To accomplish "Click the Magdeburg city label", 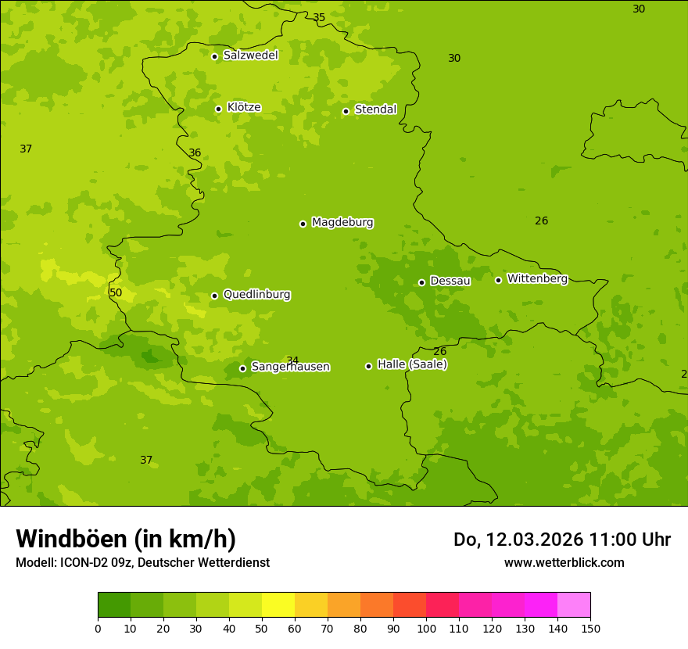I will click(342, 223).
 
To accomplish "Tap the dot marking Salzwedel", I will click(214, 56).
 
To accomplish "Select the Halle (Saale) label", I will click(412, 364).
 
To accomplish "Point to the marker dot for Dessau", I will click(421, 282).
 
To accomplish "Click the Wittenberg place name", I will click(537, 278).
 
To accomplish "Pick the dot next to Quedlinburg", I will click(214, 296).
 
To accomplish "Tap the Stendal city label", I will click(376, 109).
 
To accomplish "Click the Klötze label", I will click(244, 107).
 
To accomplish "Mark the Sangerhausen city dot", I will click(242, 368).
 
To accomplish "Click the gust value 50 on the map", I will click(116, 293).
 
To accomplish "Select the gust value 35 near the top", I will click(319, 17).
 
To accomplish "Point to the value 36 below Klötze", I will click(195, 152).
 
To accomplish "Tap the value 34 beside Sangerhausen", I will click(292, 360).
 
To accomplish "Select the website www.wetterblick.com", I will click(564, 562).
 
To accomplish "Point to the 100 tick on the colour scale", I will click(426, 628).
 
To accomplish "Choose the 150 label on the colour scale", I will click(590, 628).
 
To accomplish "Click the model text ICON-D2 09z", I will click(99, 562).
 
